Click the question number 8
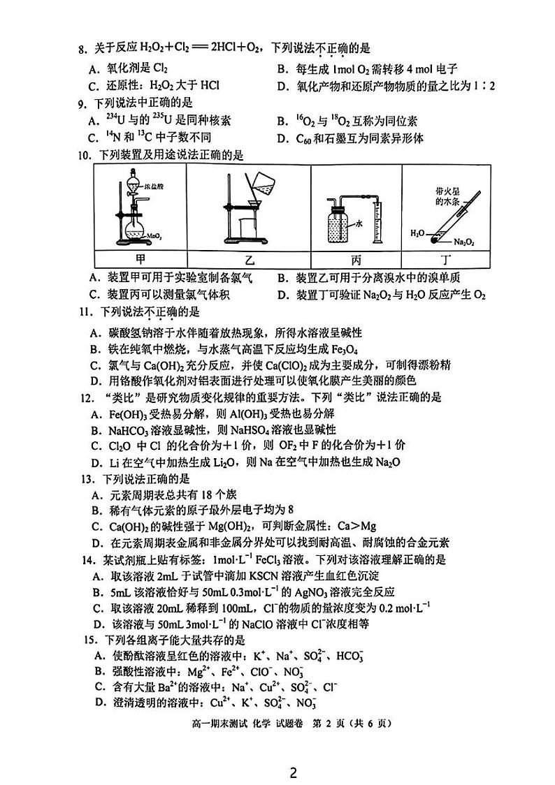point(81,49)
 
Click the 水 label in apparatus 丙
point(359,225)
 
